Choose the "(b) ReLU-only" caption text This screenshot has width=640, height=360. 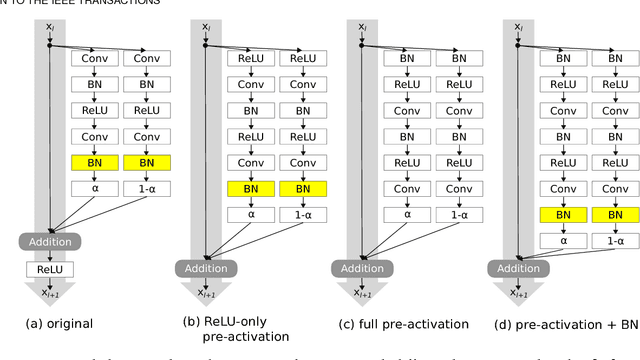tap(230, 323)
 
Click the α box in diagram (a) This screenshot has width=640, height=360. tap(92, 187)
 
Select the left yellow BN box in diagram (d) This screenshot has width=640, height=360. tap(563, 214)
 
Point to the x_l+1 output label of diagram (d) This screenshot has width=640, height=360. tap(520, 295)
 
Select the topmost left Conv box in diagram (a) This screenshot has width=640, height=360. tap(92, 58)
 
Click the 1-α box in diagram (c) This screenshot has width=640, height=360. tap(458, 214)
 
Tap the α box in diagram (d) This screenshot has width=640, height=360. tap(563, 240)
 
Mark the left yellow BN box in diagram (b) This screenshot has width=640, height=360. tap(249, 188)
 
